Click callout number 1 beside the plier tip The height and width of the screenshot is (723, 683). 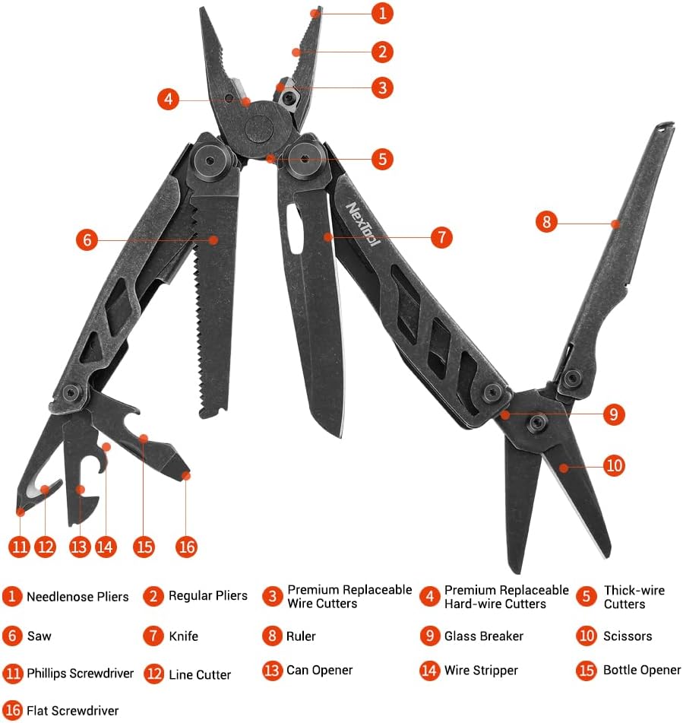pyautogui.click(x=382, y=14)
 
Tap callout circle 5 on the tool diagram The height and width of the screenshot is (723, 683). pyautogui.click(x=382, y=159)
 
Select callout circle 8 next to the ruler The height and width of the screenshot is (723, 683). pyautogui.click(x=546, y=222)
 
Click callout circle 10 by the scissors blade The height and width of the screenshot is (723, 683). pyautogui.click(x=615, y=465)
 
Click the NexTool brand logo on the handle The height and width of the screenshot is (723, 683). pyautogui.click(x=363, y=224)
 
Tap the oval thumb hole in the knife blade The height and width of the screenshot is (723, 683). pyautogui.click(x=293, y=229)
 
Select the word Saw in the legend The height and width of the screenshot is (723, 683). pyautogui.click(x=40, y=636)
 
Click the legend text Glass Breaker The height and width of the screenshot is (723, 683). pyautogui.click(x=484, y=636)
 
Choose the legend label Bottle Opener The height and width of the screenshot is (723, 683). pyautogui.click(x=642, y=670)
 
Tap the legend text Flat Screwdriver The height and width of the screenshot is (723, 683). pyautogui.click(x=73, y=711)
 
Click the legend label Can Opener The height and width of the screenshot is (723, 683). pyautogui.click(x=319, y=670)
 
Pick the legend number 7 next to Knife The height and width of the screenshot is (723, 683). pyautogui.click(x=153, y=636)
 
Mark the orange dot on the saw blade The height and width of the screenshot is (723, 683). pyautogui.click(x=213, y=239)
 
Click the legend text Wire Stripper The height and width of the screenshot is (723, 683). pyautogui.click(x=481, y=671)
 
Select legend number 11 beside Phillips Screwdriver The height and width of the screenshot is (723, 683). pyautogui.click(x=12, y=674)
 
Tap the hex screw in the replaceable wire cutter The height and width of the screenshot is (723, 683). pyautogui.click(x=289, y=98)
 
